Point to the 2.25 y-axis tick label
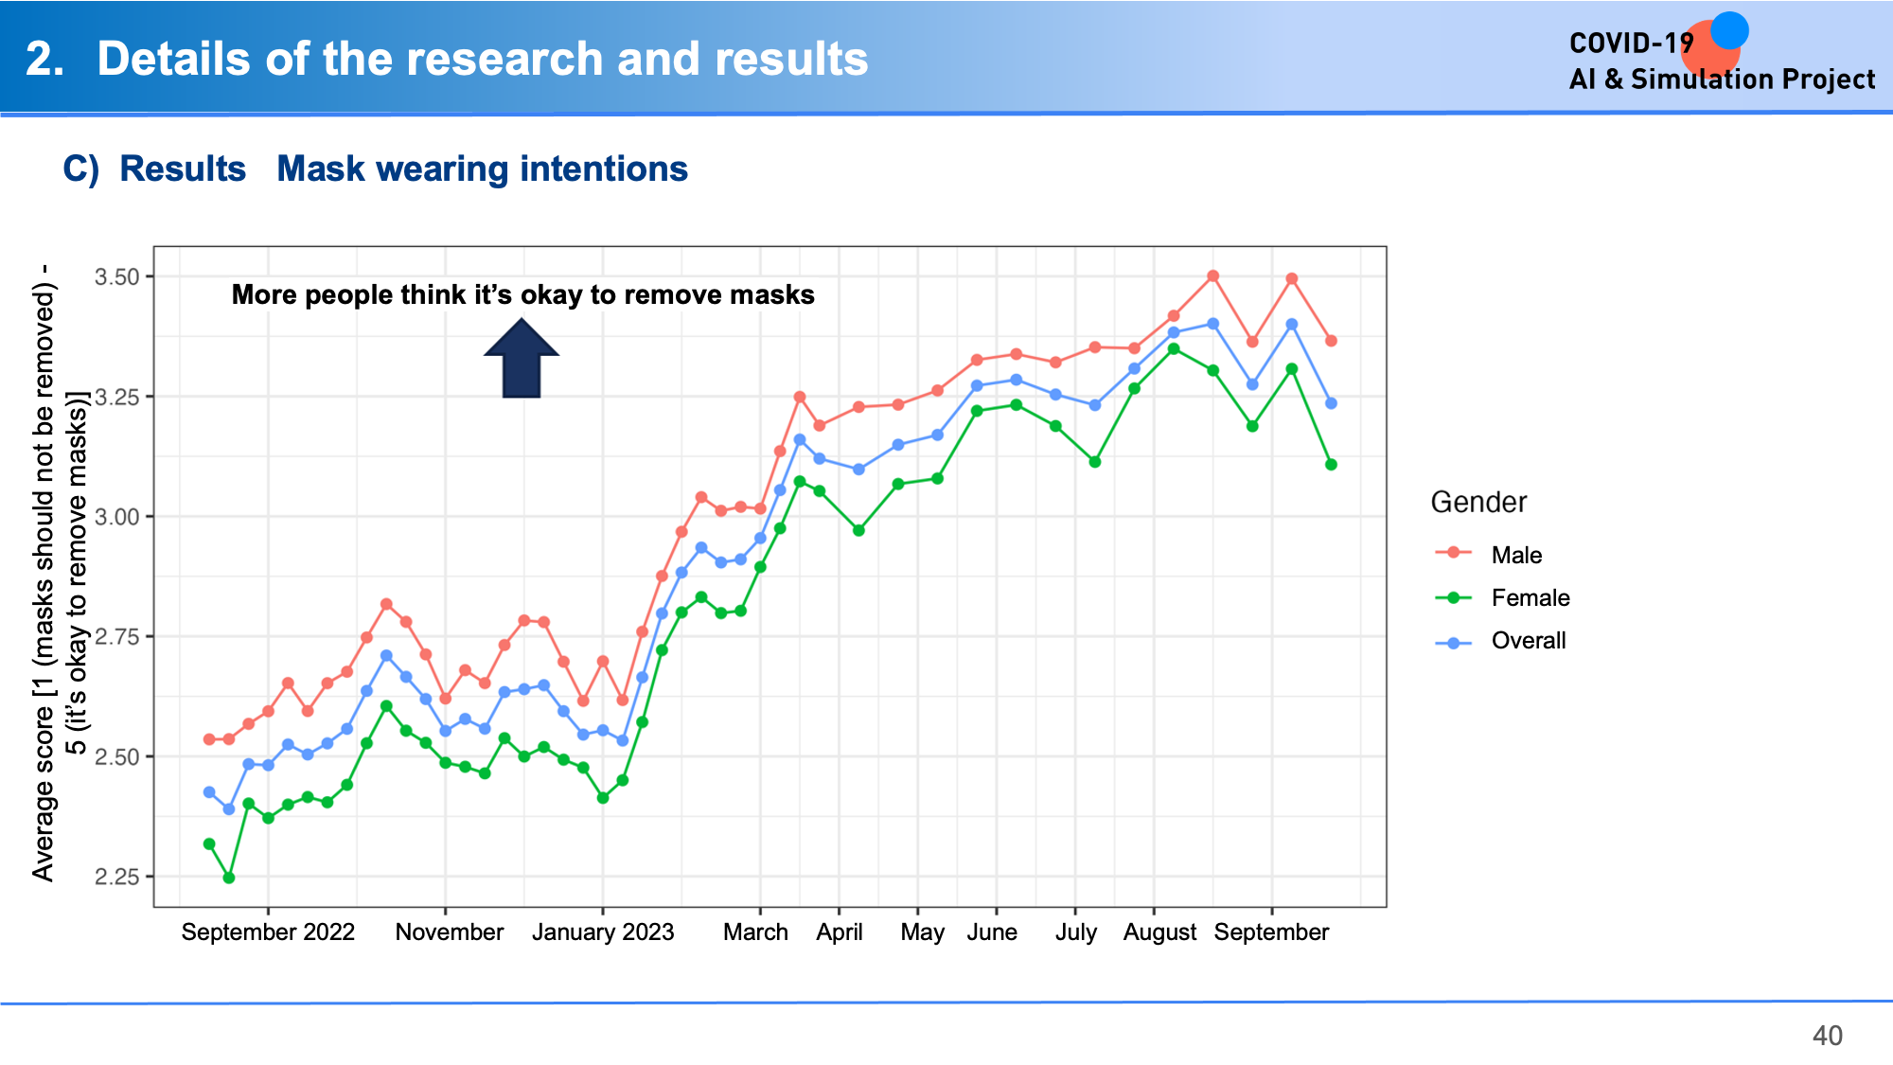tap(116, 878)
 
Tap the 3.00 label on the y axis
tap(116, 517)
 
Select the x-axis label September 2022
tap(268, 932)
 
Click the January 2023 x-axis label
tap(603, 932)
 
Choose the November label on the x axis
tap(450, 932)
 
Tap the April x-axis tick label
tap(840, 932)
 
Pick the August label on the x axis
tap(1159, 932)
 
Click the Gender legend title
tap(1478, 502)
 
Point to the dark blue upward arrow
tap(522, 358)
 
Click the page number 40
tap(1828, 1036)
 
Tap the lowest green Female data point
tap(229, 878)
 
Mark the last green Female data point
tap(1331, 465)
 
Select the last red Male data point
tap(1331, 341)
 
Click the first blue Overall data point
tap(209, 792)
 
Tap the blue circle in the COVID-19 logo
tap(1729, 30)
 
